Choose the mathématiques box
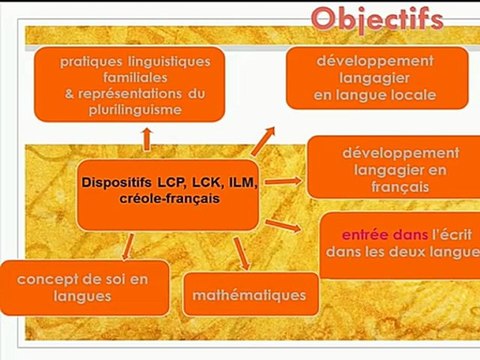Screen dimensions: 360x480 click(252, 295)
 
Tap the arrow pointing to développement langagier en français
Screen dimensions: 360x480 click(284, 181)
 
